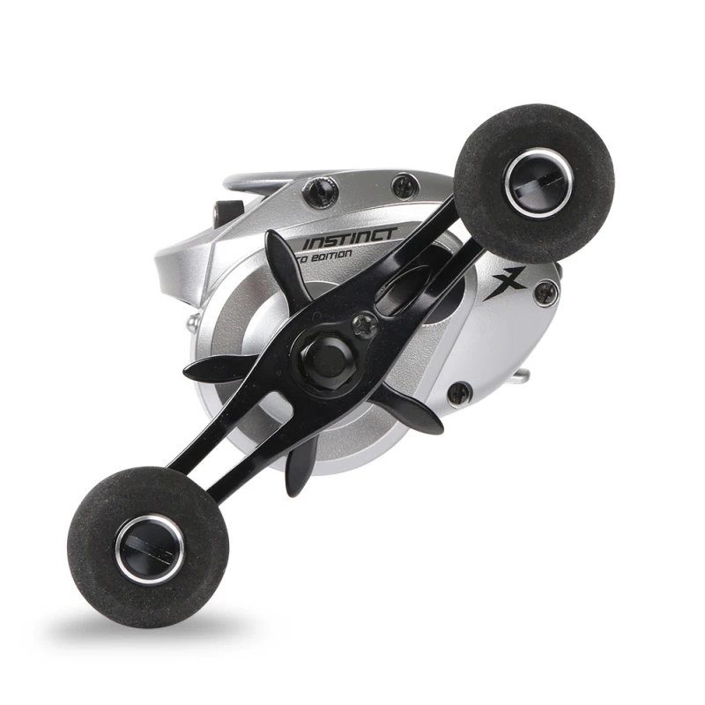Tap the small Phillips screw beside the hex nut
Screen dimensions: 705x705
tap(365, 325)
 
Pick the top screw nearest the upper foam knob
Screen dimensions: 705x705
tap(404, 186)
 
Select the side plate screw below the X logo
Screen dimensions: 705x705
tap(459, 393)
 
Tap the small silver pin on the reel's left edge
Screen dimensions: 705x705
tap(191, 326)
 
